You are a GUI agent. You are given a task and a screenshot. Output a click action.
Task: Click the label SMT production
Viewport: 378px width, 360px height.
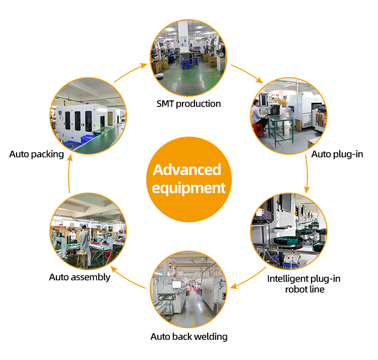(188, 104)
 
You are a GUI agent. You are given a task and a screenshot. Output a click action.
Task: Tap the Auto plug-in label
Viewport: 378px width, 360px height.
(337, 154)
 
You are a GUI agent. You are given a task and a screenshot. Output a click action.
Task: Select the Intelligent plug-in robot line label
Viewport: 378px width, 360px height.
(303, 284)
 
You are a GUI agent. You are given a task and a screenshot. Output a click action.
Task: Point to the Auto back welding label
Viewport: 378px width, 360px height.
(188, 336)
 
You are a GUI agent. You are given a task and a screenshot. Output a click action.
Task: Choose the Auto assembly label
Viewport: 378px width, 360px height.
(80, 277)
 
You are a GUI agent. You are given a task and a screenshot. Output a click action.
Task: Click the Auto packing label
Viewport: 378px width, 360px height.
(36, 154)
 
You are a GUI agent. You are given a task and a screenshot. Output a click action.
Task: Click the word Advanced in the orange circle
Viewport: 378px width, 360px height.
(187, 169)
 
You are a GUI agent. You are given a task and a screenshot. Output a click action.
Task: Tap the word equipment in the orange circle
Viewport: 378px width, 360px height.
(188, 188)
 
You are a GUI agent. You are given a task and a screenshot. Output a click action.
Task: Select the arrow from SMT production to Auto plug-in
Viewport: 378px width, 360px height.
(247, 74)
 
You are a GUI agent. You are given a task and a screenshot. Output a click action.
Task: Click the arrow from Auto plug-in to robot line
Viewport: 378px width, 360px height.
(307, 174)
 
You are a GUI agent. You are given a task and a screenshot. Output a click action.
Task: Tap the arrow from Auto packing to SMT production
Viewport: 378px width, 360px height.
(130, 73)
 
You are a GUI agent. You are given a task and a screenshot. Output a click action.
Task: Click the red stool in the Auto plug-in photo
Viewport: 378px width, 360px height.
(258, 130)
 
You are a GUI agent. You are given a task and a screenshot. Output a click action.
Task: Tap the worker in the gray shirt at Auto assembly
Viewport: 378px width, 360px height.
(85, 243)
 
